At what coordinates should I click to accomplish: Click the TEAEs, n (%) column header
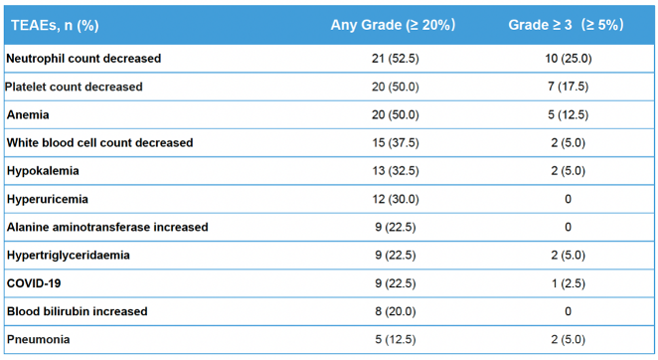tap(55, 25)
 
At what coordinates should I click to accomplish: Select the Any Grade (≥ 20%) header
tap(393, 25)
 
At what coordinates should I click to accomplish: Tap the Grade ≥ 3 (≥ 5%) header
tap(567, 25)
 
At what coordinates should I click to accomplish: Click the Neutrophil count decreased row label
tap(83, 59)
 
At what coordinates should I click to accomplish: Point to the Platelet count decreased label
tap(74, 87)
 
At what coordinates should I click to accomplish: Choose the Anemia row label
tap(28, 114)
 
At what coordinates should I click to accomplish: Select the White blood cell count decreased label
tap(99, 143)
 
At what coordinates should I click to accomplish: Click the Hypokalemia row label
tap(43, 171)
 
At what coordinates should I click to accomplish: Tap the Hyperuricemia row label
tap(48, 199)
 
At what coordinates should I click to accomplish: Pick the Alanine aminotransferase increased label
tap(107, 228)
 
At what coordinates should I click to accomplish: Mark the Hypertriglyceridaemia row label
tap(69, 256)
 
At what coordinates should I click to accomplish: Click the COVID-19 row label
tap(34, 283)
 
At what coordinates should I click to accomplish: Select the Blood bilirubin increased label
tap(78, 311)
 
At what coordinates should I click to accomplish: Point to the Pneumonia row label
tap(38, 339)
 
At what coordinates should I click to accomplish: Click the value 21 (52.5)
tap(396, 59)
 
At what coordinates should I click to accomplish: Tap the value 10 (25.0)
tap(569, 59)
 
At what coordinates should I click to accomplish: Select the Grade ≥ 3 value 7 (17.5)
tap(569, 87)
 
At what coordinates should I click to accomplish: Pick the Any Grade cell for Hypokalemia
tap(396, 171)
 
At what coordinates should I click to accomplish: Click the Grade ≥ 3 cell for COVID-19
tap(569, 283)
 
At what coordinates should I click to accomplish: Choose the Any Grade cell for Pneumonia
tap(396, 339)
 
